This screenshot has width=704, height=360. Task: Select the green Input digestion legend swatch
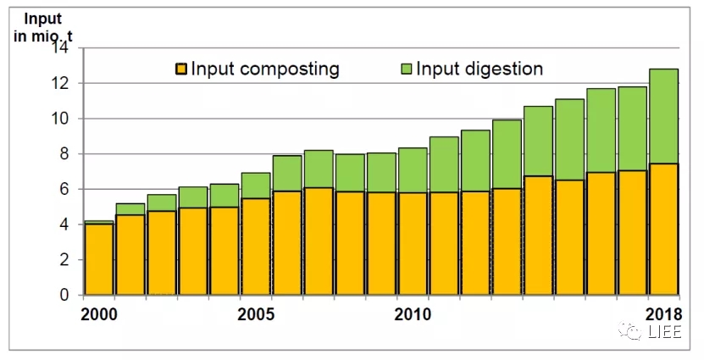coord(406,69)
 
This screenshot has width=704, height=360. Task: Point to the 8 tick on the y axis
coord(64,154)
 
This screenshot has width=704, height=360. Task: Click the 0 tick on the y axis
coord(64,296)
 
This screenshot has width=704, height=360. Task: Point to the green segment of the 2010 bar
coord(413,170)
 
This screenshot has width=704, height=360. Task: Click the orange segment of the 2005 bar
coord(257,246)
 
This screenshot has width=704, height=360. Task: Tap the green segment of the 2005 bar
coord(257,186)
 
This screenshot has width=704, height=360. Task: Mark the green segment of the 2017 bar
coord(633,128)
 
